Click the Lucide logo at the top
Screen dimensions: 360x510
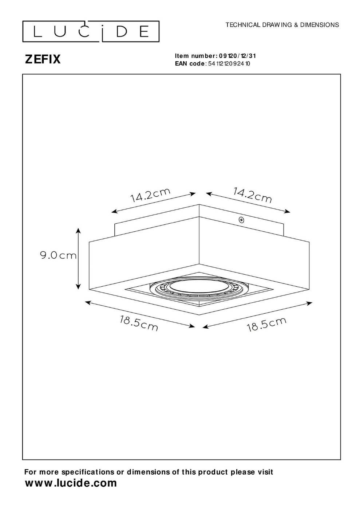(91, 31)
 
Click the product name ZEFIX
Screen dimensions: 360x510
(43, 59)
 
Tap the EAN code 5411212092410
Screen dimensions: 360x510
(229, 63)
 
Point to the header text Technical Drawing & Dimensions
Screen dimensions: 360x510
(282, 25)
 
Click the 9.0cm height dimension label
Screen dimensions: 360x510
(58, 255)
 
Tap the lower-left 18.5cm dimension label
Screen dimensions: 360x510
(139, 323)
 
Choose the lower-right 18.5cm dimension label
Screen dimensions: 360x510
(266, 324)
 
